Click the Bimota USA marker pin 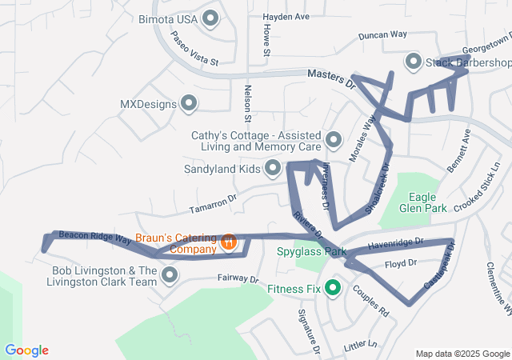tap(211, 18)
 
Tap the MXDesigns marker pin tap(190, 103)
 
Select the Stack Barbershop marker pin tap(414, 62)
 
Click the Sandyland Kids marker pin tap(273, 168)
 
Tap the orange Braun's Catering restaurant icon tap(228, 242)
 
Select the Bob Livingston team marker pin tap(170, 276)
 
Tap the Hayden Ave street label tap(286, 16)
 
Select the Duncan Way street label tap(382, 35)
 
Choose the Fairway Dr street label tap(238, 279)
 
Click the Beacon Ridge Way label tap(94, 237)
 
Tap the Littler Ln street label tap(359, 346)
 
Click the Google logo tap(26, 350)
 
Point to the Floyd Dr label tap(401, 263)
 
